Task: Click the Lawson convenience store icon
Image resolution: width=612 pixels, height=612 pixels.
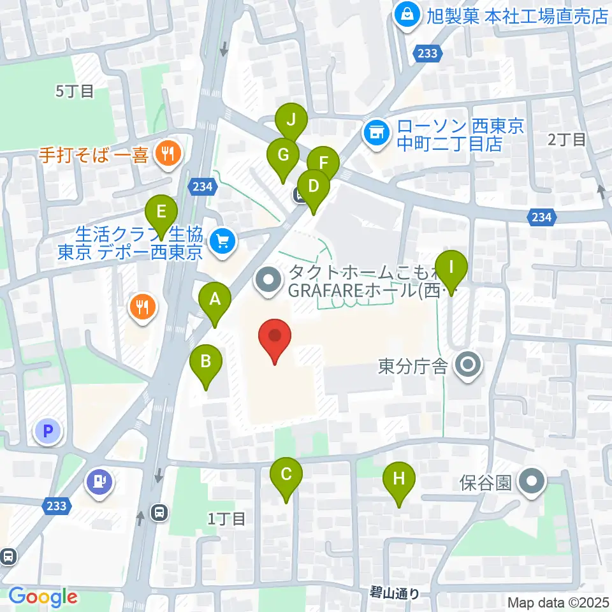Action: click(376, 133)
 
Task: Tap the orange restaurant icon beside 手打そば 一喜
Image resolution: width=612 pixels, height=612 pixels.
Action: click(168, 153)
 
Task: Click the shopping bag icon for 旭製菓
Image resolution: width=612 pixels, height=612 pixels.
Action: click(405, 14)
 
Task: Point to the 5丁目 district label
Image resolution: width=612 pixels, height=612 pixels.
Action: click(75, 91)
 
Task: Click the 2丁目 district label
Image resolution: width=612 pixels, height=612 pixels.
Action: click(567, 140)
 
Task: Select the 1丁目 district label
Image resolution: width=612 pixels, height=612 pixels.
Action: click(226, 519)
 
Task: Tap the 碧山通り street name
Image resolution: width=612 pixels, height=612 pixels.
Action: click(395, 594)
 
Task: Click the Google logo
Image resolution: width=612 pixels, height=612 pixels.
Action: click(43, 597)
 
